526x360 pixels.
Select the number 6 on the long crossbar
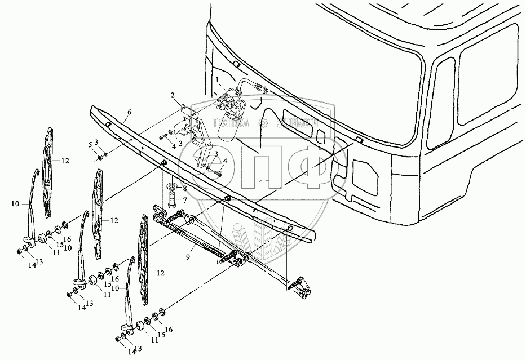click(129, 113)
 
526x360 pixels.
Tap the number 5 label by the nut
click(89, 145)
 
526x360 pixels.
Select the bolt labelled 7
click(172, 198)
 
